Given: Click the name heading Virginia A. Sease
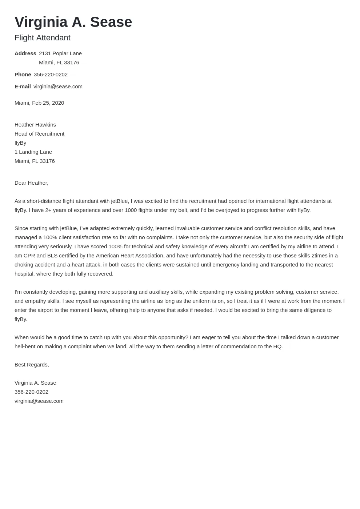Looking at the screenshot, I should pos(73,22).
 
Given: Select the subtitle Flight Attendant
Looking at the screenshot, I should pos(43,38).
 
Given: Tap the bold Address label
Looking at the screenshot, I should pos(25,53).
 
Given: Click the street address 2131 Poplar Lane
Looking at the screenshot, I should pos(60,53).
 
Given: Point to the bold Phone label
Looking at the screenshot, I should pos(23,75).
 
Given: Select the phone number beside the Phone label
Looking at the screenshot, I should pos(51,75).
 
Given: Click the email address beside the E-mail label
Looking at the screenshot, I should pos(58,87).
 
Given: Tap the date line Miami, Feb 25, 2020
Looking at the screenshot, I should pos(39,103).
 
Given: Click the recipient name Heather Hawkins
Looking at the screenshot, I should pos(35,125).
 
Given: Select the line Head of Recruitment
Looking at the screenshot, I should pos(39,134).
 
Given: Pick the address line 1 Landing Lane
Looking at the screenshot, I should pos(33,152).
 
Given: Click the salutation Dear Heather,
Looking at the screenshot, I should pos(31,183).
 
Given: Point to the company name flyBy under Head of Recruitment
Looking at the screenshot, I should pos(20,143).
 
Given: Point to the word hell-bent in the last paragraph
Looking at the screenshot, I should pos(25,346).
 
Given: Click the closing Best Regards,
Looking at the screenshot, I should pos(32,365).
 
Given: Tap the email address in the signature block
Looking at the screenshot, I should pos(39,401).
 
